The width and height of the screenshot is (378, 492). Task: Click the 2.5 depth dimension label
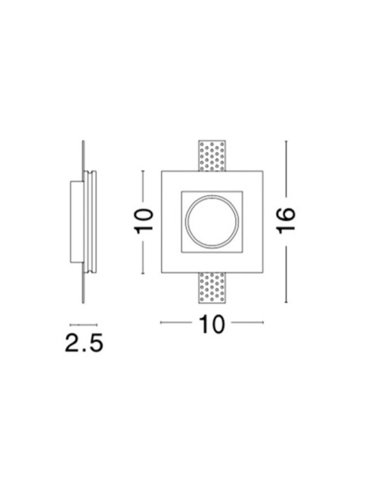coord(82,344)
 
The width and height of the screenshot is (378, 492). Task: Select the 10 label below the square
coord(212,324)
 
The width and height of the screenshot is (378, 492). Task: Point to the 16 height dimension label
coord(286,221)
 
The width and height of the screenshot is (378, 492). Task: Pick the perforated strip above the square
coord(212,156)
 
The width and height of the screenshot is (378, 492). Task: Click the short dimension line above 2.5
coord(82,321)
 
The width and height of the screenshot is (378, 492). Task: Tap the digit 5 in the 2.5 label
coord(94,344)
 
